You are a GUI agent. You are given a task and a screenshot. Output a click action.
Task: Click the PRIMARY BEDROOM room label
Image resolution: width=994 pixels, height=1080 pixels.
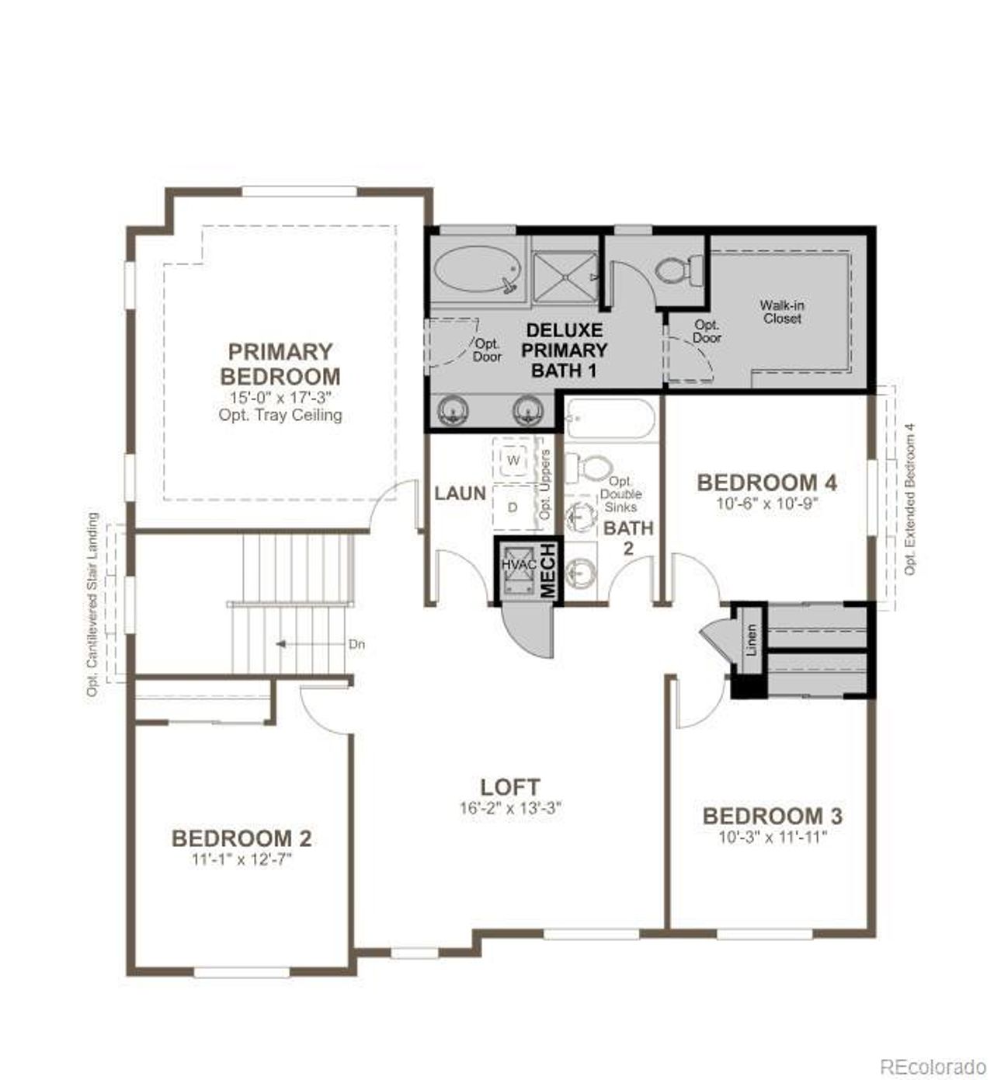point(280,364)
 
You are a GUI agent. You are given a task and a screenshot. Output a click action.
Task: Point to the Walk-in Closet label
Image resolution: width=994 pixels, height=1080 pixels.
point(781,312)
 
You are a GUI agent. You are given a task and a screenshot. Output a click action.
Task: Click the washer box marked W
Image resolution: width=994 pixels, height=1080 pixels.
point(513,460)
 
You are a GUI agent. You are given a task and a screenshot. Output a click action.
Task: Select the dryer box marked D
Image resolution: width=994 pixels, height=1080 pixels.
point(513,507)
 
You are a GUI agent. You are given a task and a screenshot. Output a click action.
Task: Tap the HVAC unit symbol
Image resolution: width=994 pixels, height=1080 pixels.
point(518,570)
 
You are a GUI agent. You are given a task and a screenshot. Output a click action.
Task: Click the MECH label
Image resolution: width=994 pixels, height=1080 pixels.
point(548,570)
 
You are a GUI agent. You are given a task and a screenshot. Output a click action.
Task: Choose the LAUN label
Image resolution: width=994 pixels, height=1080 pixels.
point(460,493)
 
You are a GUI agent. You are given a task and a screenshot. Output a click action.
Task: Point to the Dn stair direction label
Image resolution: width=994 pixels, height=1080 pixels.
point(356,644)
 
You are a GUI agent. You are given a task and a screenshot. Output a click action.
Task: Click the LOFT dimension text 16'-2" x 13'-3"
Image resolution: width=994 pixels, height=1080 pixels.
point(509,808)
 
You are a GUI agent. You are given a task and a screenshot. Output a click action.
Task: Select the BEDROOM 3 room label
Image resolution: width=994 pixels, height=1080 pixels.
point(772,816)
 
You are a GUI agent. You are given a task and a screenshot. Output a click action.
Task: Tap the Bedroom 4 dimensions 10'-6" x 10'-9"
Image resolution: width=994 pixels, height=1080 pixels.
point(767,503)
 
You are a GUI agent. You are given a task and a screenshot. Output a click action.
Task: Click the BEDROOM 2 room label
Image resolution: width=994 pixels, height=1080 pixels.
point(242,838)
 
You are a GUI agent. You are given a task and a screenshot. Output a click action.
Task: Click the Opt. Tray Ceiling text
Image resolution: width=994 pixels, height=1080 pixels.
point(280,415)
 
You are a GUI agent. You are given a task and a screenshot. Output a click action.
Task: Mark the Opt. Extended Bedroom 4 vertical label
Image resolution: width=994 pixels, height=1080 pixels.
point(910,499)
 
